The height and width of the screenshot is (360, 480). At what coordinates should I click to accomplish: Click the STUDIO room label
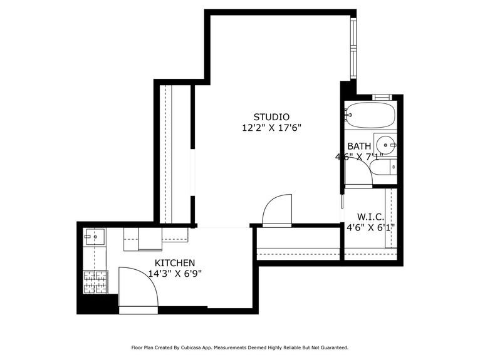pos(271,116)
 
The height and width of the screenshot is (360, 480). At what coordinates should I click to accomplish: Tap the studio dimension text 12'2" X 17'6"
pos(271,128)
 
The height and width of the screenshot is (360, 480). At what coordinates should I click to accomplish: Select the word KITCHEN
pos(175,263)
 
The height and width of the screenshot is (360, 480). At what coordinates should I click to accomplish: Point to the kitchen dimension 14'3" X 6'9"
pos(175,274)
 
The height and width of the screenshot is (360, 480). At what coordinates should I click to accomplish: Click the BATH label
pos(359,147)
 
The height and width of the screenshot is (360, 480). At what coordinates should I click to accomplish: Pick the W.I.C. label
pos(370,217)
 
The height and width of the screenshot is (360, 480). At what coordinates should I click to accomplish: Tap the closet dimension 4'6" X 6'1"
pos(370,228)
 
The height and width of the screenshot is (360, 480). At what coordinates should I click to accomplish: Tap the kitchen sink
pos(95,237)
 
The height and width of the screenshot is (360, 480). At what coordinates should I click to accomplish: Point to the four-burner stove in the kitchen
pos(95,281)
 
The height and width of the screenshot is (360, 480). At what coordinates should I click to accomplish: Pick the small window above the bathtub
pos(382,97)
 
